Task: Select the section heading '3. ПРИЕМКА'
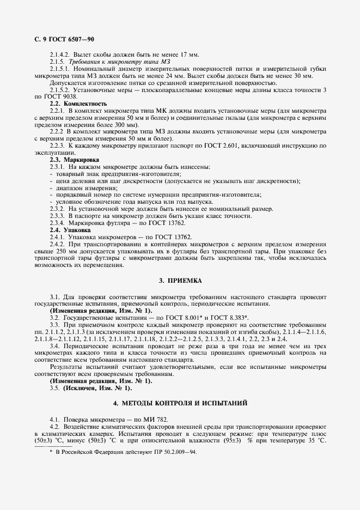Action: click(180, 281)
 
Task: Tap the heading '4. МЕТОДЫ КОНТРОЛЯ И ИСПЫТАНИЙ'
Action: click(180, 403)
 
